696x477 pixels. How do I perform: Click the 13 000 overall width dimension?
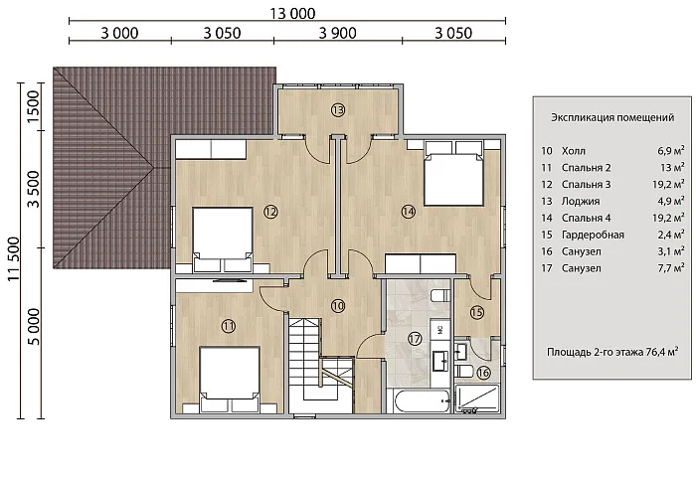292,13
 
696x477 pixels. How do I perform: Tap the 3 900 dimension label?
337,33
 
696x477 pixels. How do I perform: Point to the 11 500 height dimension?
14,258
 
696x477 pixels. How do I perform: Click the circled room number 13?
338,109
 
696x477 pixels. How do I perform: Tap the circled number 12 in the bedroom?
270,212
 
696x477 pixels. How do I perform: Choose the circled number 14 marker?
409,212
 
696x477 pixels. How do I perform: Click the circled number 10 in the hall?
338,306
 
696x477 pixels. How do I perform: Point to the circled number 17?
415,339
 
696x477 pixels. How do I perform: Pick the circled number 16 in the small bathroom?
483,373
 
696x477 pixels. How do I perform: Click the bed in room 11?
229,380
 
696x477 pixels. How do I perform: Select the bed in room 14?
453,174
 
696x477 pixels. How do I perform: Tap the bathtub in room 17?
423,401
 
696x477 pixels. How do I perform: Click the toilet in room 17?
439,295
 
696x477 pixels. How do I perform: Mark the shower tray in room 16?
477,398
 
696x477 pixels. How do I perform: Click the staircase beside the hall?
321,365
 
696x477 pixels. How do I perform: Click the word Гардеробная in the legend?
593,235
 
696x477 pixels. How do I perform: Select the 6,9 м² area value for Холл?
671,150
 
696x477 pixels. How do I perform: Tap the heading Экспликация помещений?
612,117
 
